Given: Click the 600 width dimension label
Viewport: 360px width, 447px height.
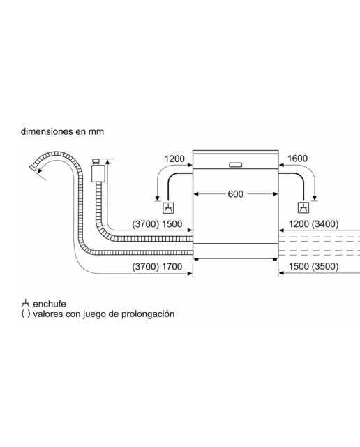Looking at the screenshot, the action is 236,194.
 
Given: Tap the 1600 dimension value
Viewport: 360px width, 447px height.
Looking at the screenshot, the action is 297,159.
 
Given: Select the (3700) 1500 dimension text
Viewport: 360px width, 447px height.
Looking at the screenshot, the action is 157,224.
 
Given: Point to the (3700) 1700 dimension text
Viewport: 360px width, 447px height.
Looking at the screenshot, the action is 157,267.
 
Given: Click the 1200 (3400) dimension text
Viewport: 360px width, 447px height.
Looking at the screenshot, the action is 313,224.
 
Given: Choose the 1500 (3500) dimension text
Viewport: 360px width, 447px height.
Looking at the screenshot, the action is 313,266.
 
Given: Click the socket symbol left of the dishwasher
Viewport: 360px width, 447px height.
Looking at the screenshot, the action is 168,208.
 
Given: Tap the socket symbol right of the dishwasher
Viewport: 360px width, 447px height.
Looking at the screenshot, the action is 303,208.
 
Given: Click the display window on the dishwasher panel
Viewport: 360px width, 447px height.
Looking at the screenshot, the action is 236,165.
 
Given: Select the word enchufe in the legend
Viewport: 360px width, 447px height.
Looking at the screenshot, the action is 50,304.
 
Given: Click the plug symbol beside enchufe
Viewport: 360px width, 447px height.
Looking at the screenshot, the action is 25,303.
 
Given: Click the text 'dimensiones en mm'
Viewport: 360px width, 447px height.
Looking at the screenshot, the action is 62,131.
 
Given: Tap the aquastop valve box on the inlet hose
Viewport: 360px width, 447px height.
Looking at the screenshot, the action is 98,173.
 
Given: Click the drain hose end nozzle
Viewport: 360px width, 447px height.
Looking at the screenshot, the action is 33,168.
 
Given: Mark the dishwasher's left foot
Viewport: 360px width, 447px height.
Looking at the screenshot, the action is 196,259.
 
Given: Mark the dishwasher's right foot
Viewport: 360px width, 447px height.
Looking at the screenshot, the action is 275,259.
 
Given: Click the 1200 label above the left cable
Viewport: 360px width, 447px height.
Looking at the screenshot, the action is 174,159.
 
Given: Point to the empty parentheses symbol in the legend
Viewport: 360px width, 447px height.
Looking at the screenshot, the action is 25,314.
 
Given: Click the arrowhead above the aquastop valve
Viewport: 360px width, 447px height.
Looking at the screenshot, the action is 107,161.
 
